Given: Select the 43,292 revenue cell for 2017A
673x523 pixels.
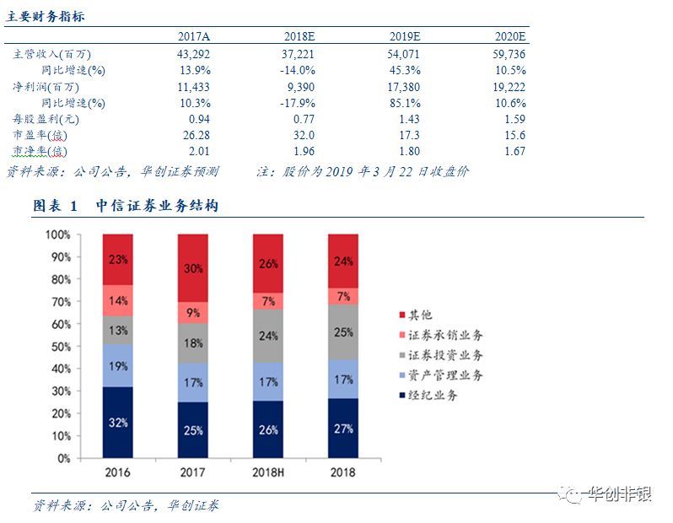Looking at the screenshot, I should [x=193, y=54].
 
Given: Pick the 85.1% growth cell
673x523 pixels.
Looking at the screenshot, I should [x=406, y=103].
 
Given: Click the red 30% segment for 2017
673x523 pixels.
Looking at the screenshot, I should [x=193, y=268].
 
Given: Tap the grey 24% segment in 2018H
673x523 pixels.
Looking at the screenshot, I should [x=268, y=335].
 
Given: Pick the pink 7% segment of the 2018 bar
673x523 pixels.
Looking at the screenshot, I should [x=342, y=296].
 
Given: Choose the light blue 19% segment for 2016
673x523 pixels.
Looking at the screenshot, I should [x=118, y=365].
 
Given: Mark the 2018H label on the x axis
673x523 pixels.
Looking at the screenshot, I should [x=268, y=472].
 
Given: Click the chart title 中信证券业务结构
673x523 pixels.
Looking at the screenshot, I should [x=156, y=205].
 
